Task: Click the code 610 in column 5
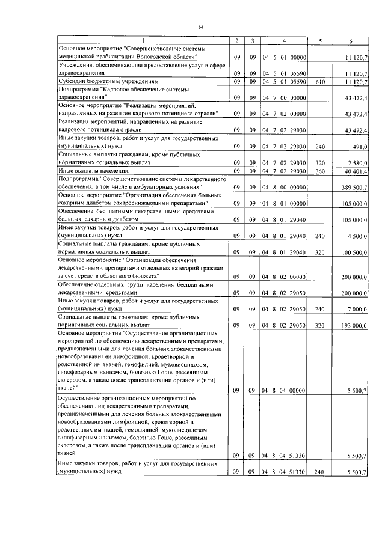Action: (x=319, y=81)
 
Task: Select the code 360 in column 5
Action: (x=319, y=171)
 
